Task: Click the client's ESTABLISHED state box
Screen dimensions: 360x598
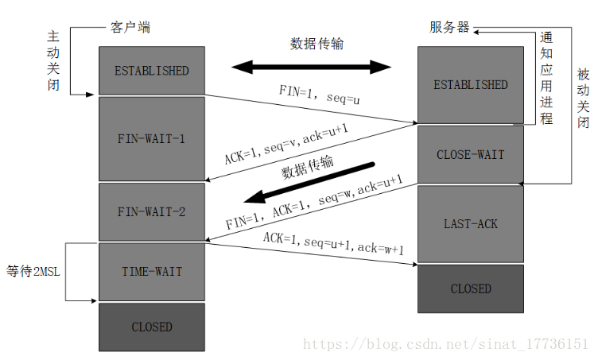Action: pyautogui.click(x=151, y=71)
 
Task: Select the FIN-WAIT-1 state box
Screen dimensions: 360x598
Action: pyautogui.click(x=151, y=138)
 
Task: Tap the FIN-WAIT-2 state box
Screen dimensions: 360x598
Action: pyautogui.click(x=151, y=212)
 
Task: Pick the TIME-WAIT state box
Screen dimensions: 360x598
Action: pyautogui.click(x=151, y=271)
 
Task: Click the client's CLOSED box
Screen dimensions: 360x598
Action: pyautogui.click(x=151, y=327)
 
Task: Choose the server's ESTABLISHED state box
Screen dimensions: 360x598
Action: pyautogui.click(x=471, y=84)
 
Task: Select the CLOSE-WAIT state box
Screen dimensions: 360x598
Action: pyautogui.click(x=471, y=154)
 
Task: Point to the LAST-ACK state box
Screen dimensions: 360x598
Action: pyautogui.click(x=471, y=223)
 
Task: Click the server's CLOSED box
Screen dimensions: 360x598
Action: pyautogui.click(x=471, y=288)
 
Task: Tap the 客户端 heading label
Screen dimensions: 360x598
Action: pyautogui.click(x=128, y=28)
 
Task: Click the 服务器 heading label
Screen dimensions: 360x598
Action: pyautogui.click(x=449, y=28)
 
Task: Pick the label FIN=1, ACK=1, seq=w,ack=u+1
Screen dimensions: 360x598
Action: pyautogui.click(x=313, y=202)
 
